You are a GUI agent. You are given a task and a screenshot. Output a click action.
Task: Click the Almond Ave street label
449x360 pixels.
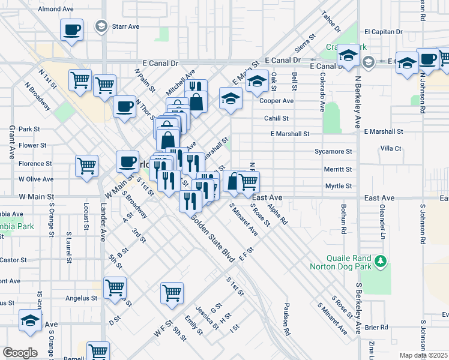click(55, 10)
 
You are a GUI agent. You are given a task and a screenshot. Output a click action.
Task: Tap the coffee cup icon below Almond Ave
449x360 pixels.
click(72, 30)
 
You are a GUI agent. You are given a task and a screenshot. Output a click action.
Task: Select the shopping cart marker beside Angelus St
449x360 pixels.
click(115, 286)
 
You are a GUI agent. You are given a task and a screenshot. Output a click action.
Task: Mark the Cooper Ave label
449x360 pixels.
click(276, 101)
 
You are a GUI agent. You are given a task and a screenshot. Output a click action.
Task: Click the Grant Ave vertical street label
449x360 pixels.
click(11, 142)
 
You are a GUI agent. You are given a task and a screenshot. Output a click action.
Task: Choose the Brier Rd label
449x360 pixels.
click(376, 328)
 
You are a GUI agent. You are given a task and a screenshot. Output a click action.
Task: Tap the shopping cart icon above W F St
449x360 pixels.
click(172, 293)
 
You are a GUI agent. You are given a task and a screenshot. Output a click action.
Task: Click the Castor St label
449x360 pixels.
click(13, 260)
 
